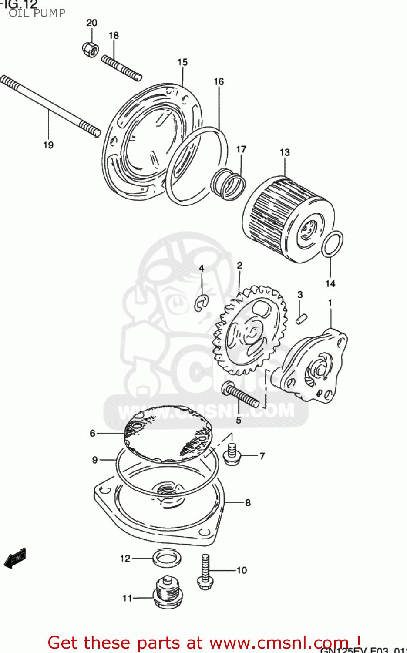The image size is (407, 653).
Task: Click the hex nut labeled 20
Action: (x=90, y=48)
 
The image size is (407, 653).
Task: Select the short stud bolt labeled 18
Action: (x=121, y=68)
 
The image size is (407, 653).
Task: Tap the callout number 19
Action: (x=48, y=145)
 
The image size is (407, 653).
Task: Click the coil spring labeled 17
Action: (x=228, y=184)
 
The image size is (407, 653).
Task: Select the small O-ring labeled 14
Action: (x=332, y=244)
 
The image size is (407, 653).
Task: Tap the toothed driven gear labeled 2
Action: (x=249, y=330)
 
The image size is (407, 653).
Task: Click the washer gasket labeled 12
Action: (x=167, y=558)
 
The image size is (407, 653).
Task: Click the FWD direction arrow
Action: (x=15, y=558)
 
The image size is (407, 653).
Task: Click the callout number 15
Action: (x=182, y=62)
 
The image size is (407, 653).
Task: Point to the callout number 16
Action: (x=219, y=81)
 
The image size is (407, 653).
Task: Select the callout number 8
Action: (x=248, y=503)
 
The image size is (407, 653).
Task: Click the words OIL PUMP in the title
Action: (x=37, y=13)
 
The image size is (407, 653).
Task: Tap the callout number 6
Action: (x=92, y=433)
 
